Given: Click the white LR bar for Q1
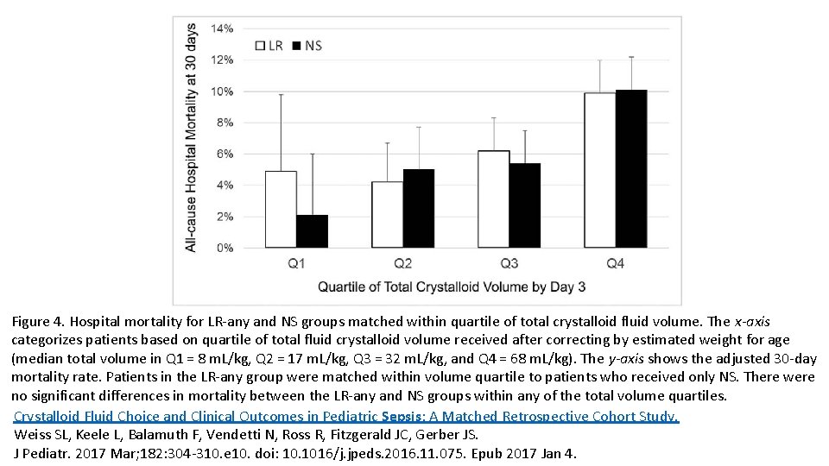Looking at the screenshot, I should (x=281, y=210).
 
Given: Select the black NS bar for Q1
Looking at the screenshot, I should (x=312, y=231).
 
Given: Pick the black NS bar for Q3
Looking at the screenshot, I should (x=524, y=205).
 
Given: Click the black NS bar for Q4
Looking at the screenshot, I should (x=630, y=169).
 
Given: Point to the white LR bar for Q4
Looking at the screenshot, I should (x=599, y=170).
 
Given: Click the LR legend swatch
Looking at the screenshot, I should (x=259, y=46).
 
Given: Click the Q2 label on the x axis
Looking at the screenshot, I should (x=402, y=263).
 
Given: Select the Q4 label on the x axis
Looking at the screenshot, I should (x=615, y=263).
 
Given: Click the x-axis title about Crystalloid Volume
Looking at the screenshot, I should (x=452, y=287).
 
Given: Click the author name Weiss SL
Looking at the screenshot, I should (x=41, y=435).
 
